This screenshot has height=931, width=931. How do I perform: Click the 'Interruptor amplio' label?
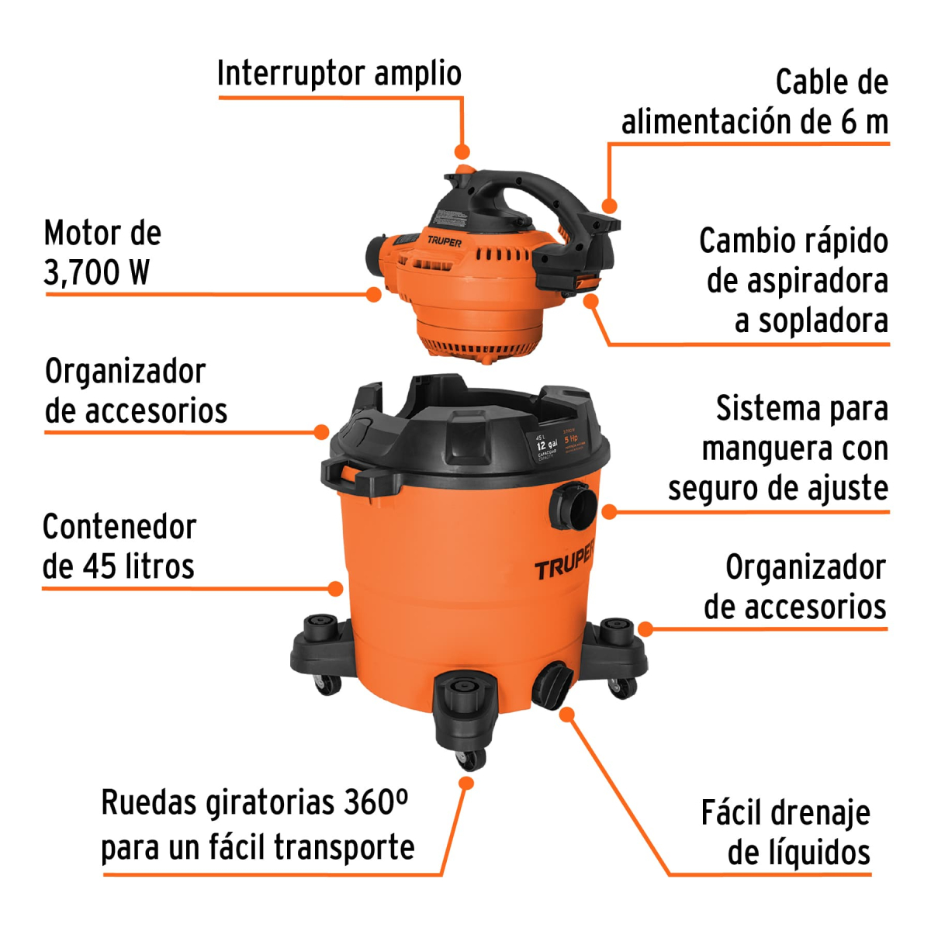click(339, 74)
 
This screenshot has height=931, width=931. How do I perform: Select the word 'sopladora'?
click(822, 320)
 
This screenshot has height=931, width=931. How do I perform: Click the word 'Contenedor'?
click(119, 527)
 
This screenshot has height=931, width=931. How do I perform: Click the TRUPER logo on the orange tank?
click(564, 561)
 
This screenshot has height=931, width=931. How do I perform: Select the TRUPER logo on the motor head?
click(444, 241)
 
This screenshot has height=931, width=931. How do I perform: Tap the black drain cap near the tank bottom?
click(552, 684)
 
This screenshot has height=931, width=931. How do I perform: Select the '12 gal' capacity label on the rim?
click(546, 445)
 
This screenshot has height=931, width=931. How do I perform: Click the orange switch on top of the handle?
click(464, 168)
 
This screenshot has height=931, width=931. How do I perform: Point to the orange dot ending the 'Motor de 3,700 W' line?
click(374, 294)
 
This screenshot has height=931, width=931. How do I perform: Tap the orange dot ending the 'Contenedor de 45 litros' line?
click(335, 589)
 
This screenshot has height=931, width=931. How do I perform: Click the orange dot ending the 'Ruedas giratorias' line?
click(465, 784)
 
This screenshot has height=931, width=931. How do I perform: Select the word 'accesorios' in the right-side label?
click(794, 607)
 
